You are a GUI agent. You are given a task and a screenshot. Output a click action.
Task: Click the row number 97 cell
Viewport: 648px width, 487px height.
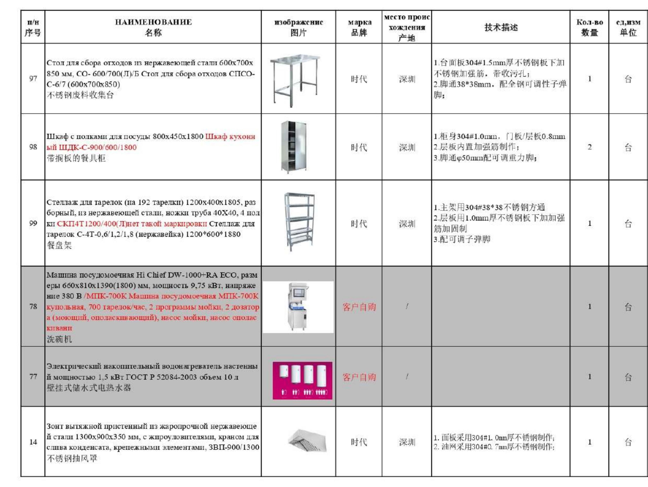pyautogui.click(x=33, y=78)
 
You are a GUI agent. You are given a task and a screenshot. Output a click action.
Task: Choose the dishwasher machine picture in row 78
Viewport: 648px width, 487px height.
pyautogui.click(x=298, y=307)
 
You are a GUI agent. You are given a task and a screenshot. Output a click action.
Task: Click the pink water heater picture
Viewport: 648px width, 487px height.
pyautogui.click(x=302, y=380)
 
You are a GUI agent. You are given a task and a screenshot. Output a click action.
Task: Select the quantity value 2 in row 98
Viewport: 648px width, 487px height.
pyautogui.click(x=589, y=147)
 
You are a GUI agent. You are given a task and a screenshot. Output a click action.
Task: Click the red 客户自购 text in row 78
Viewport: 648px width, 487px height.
pyautogui.click(x=359, y=307)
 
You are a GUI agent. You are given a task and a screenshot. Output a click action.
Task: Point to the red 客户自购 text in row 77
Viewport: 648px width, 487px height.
pyautogui.click(x=359, y=377)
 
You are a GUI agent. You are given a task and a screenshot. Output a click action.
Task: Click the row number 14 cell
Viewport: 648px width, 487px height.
pyautogui.click(x=33, y=442)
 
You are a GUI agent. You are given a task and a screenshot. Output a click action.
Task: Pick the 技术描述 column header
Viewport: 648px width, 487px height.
pyautogui.click(x=501, y=27)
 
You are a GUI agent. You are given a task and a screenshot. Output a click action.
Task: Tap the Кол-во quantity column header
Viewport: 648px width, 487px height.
pyautogui.click(x=589, y=27)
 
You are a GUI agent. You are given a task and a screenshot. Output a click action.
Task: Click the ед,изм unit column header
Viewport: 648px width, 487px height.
pyautogui.click(x=628, y=27)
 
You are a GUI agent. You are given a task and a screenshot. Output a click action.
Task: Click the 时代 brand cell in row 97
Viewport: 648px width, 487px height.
pyautogui.click(x=359, y=79)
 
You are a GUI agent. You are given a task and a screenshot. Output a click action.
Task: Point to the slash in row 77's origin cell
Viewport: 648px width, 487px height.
pyautogui.click(x=407, y=376)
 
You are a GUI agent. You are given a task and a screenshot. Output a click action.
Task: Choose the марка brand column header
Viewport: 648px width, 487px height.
pyautogui.click(x=359, y=27)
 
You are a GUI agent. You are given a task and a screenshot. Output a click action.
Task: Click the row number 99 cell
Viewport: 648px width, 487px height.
pyautogui.click(x=33, y=223)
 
